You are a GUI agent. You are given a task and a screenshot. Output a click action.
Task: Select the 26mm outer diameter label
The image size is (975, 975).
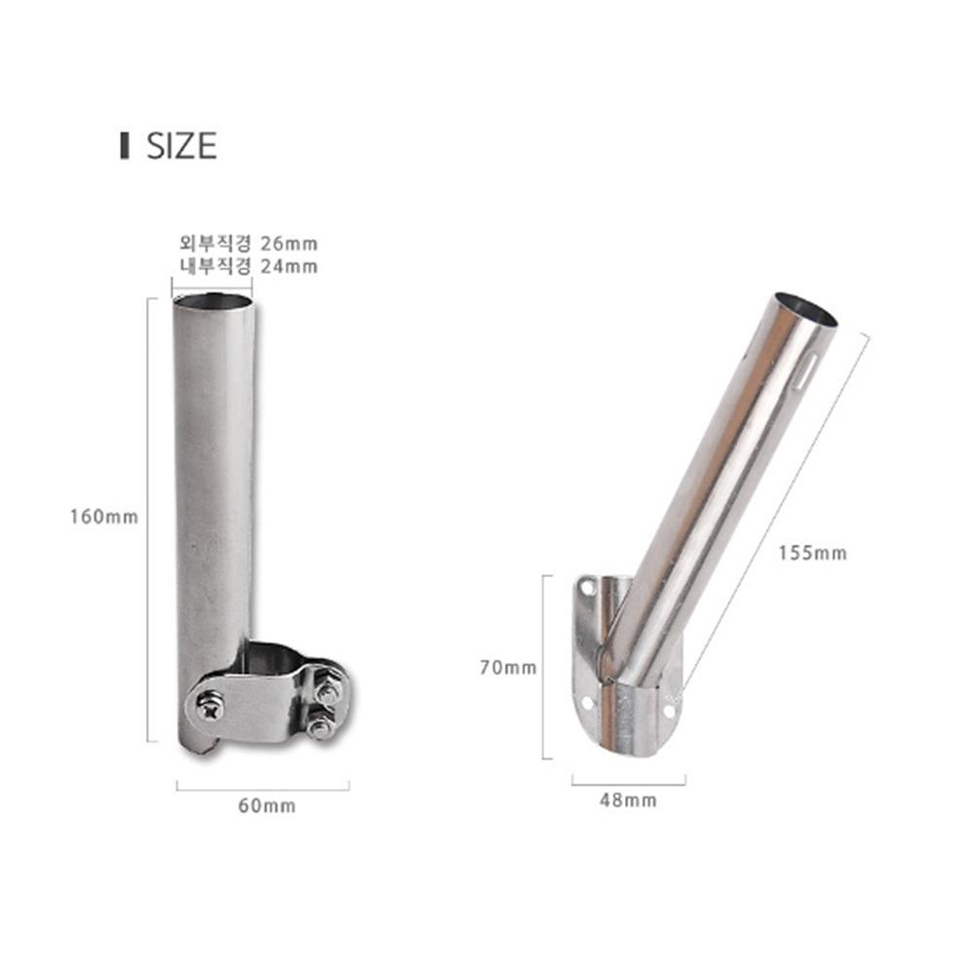coord(248,243)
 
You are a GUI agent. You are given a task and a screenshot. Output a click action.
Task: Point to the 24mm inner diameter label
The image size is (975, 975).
coord(248,266)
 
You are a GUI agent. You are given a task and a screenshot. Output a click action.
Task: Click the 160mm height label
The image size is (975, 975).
coord(104,517)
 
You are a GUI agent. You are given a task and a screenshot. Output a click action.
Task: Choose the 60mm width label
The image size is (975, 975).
coord(267,806)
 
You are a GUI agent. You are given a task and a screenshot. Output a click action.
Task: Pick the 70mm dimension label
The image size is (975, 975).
coord(508,667)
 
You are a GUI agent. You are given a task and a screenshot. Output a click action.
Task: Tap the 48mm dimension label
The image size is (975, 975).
coord(628,800)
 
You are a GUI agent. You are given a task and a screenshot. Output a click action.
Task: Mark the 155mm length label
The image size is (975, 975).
coord(813,553)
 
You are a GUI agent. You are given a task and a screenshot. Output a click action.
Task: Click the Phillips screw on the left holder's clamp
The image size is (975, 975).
coord(211,707)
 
